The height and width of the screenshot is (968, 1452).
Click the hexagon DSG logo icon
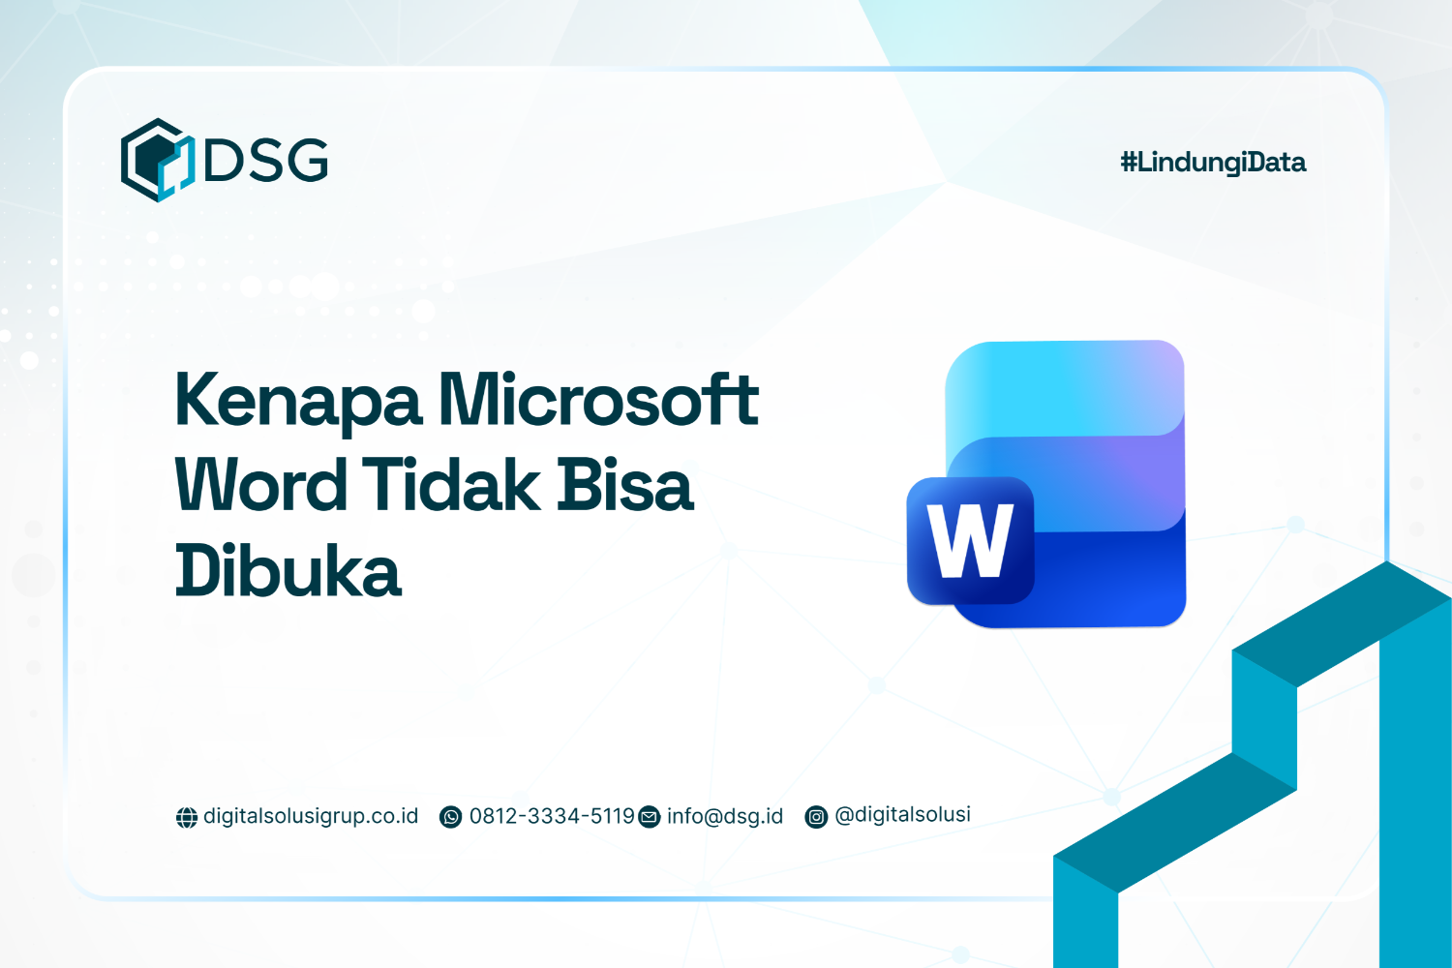pyautogui.click(x=157, y=160)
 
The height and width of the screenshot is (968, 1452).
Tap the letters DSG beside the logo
pyautogui.click(x=266, y=161)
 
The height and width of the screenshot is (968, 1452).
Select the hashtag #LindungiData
pyautogui.click(x=1213, y=163)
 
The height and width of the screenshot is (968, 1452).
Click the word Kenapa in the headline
pyautogui.click(x=298, y=401)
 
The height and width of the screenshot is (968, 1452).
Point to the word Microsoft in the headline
pyautogui.click(x=598, y=399)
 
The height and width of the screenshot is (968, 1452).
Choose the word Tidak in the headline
pyautogui.click(x=451, y=485)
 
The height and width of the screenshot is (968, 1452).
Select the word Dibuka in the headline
pyautogui.click(x=287, y=571)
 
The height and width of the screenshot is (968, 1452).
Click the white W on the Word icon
pyautogui.click(x=970, y=541)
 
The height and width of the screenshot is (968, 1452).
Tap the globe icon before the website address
pyautogui.click(x=187, y=818)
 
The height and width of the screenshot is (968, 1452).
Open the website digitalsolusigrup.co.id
pyautogui.click(x=311, y=816)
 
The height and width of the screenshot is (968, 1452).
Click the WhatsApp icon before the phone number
pyautogui.click(x=451, y=818)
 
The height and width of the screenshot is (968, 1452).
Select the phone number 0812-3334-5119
pyautogui.click(x=552, y=816)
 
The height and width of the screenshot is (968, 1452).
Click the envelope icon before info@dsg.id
pyautogui.click(x=650, y=818)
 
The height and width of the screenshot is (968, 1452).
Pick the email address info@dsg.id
pyautogui.click(x=725, y=816)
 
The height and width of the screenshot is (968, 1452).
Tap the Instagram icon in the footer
pyautogui.click(x=817, y=818)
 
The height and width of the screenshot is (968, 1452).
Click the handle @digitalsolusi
pyautogui.click(x=902, y=815)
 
